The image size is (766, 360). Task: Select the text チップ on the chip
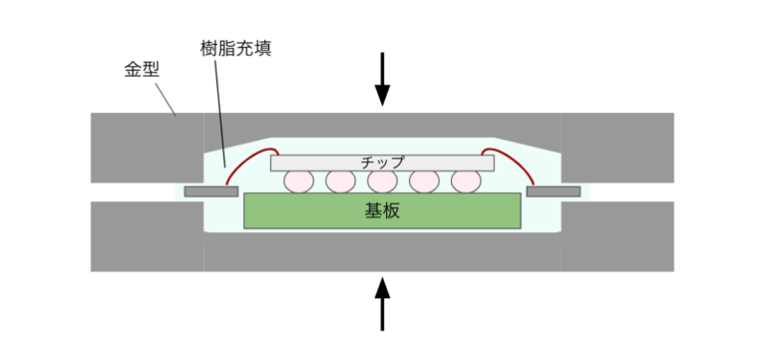click(382, 162)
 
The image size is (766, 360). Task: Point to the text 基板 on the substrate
click(382, 211)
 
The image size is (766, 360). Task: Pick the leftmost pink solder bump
click(298, 181)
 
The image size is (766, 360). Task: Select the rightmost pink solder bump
click(466, 181)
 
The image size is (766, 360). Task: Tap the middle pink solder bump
click(382, 181)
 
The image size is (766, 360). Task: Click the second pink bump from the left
click(340, 181)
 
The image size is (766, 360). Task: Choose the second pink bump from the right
click(424, 181)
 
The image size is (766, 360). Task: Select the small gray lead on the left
click(210, 190)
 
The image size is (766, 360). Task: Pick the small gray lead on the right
click(554, 190)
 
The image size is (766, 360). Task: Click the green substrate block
click(299, 211)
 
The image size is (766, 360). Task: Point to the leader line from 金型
click(167, 100)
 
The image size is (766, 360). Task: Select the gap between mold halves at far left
click(130, 190)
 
